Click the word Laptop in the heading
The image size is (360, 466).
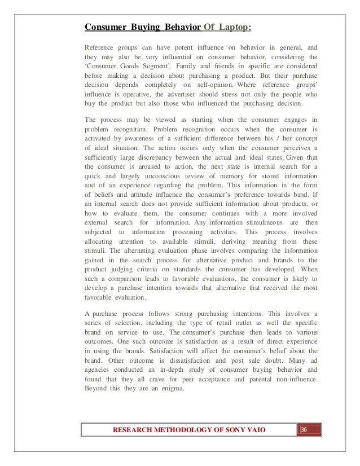233,27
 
